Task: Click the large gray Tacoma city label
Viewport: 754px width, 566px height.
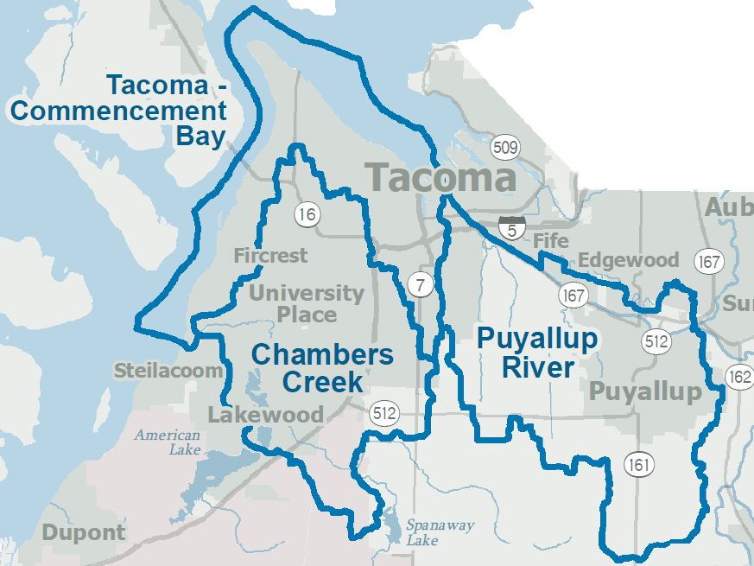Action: click(x=440, y=178)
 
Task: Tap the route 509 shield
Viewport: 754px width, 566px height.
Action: click(x=505, y=147)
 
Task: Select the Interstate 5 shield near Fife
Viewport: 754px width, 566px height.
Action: click(x=512, y=229)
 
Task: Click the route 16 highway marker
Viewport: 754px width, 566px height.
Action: click(x=307, y=213)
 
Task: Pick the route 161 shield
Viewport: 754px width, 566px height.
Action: click(x=639, y=465)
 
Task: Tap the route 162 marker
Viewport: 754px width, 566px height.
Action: click(x=739, y=377)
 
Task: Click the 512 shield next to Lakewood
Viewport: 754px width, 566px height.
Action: click(x=384, y=414)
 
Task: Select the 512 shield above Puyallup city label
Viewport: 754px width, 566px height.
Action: click(x=656, y=341)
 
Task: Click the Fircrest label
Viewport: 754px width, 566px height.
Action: click(x=270, y=256)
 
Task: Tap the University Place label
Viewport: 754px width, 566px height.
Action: click(x=307, y=303)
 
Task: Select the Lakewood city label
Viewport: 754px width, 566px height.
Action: click(x=265, y=415)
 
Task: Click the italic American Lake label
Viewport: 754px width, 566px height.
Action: click(x=168, y=442)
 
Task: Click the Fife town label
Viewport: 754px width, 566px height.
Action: click(x=551, y=240)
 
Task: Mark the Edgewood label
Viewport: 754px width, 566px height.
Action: click(x=629, y=260)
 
